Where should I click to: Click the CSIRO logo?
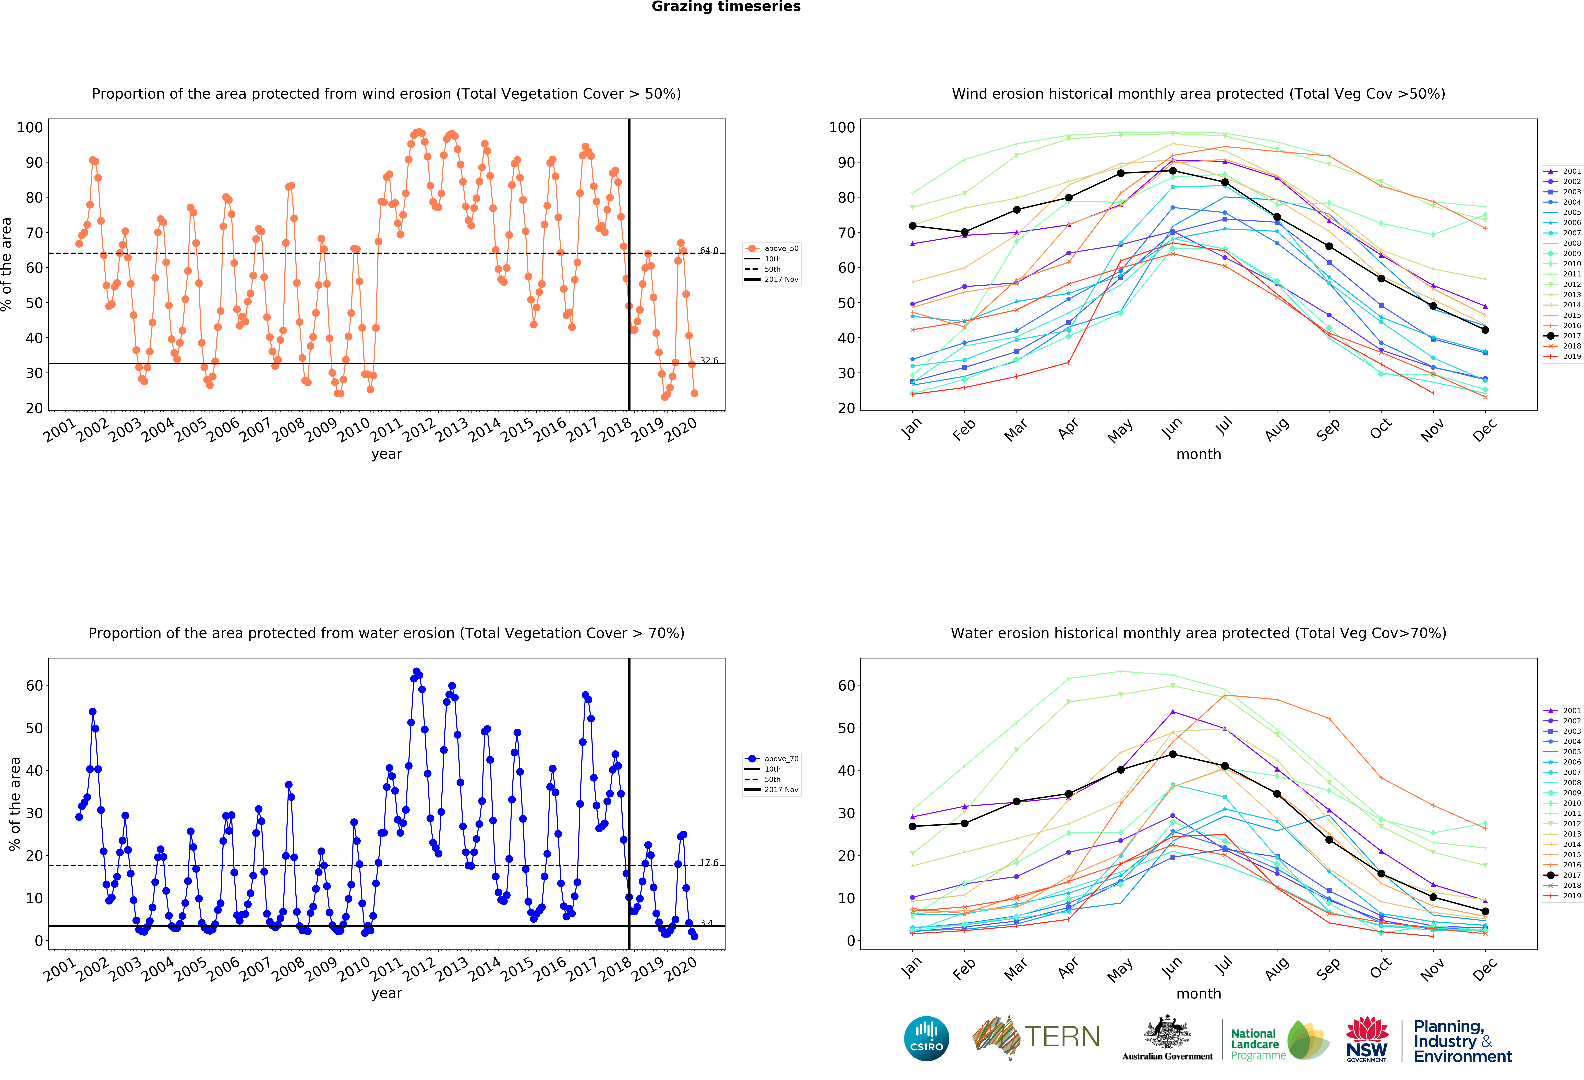(926, 1038)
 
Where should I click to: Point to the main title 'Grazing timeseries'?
(726, 7)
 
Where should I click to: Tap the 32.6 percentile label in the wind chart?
(709, 361)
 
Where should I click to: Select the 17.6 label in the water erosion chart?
(709, 863)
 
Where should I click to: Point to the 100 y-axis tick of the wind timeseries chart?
(30, 127)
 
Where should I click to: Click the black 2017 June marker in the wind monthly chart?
(1172, 170)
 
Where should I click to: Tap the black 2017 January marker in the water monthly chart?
(913, 826)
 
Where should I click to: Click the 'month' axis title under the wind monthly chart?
(1198, 454)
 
